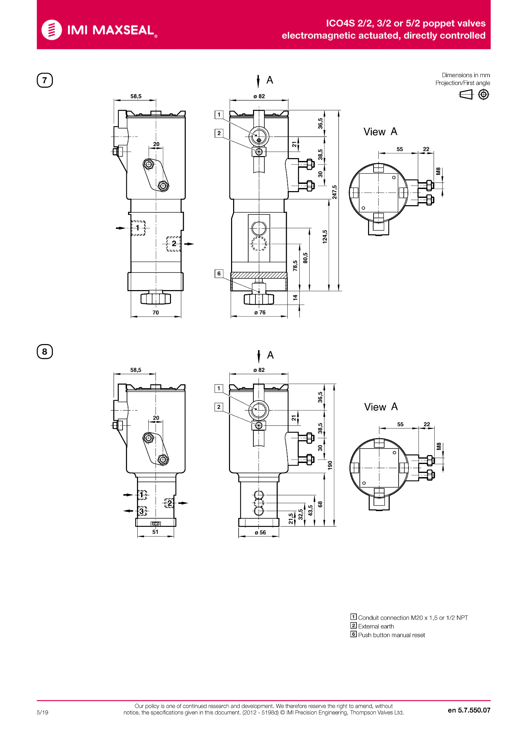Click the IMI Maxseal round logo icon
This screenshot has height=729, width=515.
click(51, 30)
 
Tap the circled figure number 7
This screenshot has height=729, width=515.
click(45, 80)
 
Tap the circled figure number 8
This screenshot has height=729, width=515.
click(45, 352)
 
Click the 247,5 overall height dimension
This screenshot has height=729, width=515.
click(334, 192)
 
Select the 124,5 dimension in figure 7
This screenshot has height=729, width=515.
click(325, 237)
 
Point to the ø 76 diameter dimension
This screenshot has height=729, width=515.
click(260, 312)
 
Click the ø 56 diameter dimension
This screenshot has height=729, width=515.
click(260, 532)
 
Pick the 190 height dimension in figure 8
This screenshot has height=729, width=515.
click(330, 465)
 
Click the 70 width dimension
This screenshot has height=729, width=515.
click(156, 312)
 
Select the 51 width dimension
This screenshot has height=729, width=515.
click(155, 532)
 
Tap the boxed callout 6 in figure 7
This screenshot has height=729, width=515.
click(219, 274)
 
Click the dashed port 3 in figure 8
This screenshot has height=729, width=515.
click(142, 511)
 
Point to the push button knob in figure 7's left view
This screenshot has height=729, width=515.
click(156, 298)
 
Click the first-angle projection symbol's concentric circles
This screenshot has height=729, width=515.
click(483, 94)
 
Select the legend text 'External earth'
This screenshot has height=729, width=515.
click(376, 626)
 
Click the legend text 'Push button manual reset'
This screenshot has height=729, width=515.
click(391, 635)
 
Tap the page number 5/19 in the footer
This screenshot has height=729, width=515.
click(43, 713)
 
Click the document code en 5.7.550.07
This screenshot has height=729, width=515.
click(469, 710)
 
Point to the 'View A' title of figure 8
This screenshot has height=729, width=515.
click(381, 407)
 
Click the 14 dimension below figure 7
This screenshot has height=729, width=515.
click(295, 298)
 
